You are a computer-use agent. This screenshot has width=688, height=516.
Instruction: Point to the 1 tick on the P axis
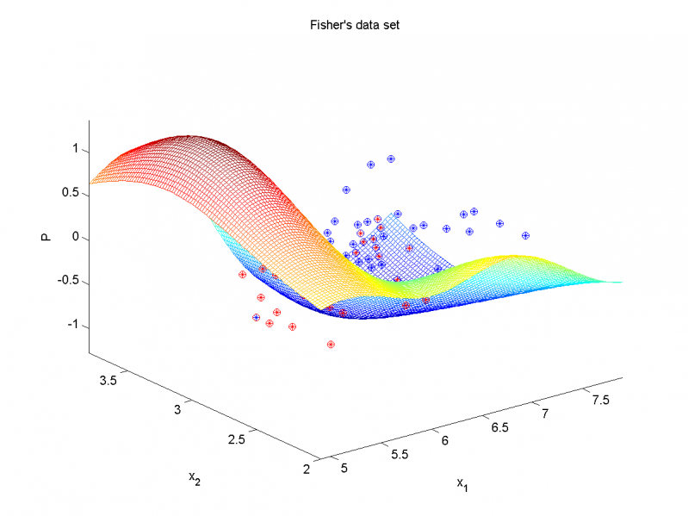click(x=76, y=149)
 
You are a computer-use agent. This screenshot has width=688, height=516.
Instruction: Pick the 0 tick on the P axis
click(x=76, y=237)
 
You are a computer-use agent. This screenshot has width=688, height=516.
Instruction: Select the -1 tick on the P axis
click(x=73, y=326)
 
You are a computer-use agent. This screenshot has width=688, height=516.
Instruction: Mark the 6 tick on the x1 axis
click(x=444, y=441)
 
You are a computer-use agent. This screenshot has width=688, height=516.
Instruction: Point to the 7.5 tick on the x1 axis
click(x=590, y=401)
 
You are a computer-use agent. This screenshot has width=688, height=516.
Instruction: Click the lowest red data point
click(x=331, y=345)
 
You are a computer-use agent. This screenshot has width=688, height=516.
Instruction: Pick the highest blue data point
click(x=391, y=159)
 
